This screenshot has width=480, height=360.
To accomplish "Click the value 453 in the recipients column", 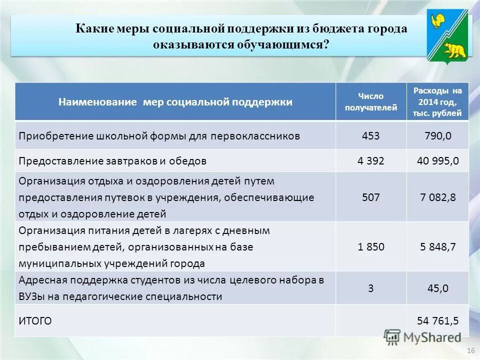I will [370, 135].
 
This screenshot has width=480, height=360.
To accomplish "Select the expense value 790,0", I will [437, 135].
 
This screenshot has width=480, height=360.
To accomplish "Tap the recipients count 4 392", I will [370, 161].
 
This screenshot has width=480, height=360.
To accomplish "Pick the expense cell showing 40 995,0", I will [437, 161].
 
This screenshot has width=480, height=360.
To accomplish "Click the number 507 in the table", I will [370, 197].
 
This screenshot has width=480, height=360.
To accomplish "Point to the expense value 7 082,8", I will [437, 197].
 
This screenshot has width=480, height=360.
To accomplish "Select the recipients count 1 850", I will [370, 246].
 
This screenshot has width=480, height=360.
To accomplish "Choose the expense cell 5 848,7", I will [437, 246].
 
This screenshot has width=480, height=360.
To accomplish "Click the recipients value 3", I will [370, 287].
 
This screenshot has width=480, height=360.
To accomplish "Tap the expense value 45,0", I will [437, 287].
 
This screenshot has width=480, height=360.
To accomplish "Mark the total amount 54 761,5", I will [437, 320].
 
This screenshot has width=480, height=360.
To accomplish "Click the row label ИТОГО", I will [35, 320].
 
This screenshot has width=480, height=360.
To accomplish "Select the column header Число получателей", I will [370, 101].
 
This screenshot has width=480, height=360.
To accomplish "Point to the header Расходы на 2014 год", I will [437, 102].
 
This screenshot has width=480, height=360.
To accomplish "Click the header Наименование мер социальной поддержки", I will [175, 102].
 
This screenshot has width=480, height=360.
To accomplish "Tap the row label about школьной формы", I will [159, 136].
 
